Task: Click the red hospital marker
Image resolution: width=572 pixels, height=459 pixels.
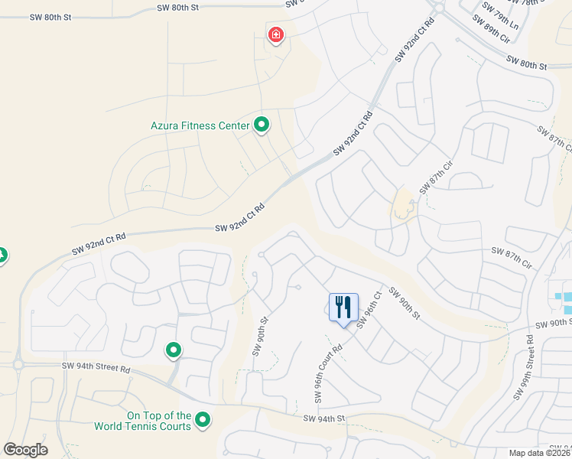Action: click(x=275, y=35)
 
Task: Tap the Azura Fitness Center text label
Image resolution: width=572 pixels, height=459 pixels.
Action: click(x=200, y=125)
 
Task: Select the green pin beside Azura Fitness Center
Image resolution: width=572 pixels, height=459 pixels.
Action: click(x=262, y=124)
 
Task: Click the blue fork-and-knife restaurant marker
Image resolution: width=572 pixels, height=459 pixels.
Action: click(x=343, y=308)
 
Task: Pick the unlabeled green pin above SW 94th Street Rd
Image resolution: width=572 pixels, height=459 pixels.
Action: click(x=174, y=350)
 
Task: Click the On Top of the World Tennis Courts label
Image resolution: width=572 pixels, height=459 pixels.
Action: click(x=142, y=421)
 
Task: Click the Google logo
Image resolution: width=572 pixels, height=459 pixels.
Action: click(x=25, y=450)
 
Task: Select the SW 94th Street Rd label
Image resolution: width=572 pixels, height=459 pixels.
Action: click(x=96, y=368)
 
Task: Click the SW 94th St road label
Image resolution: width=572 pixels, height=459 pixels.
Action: click(x=325, y=418)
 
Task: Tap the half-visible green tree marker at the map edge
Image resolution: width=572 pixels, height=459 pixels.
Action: click(x=2, y=255)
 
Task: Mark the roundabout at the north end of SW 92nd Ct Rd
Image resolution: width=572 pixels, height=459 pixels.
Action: click(x=438, y=8)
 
